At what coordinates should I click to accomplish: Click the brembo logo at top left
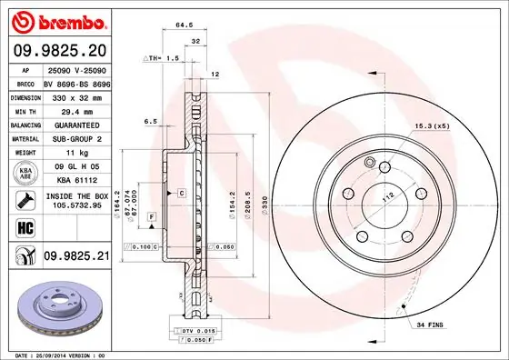click(57, 20)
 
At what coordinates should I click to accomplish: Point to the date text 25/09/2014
click(55, 354)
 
